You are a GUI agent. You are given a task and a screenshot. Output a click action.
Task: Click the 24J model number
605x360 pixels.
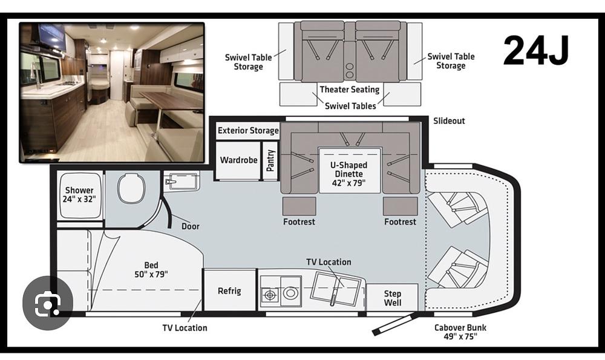click(x=536, y=50)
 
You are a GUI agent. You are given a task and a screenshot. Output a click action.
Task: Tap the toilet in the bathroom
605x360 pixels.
click(x=131, y=188)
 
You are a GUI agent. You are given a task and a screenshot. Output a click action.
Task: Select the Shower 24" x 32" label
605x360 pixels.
click(x=79, y=194)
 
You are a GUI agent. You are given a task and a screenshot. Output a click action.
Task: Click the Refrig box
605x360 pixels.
click(x=229, y=290)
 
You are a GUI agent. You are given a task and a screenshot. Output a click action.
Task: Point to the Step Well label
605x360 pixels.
click(x=393, y=298)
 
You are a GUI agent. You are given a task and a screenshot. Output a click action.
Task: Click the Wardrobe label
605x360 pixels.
click(x=238, y=160)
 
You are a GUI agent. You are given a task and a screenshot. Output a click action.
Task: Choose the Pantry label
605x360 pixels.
click(x=270, y=160)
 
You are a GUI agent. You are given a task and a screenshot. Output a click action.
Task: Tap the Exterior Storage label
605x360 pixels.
click(x=248, y=131)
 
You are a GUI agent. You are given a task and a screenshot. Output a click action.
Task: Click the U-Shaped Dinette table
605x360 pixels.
click(x=350, y=170)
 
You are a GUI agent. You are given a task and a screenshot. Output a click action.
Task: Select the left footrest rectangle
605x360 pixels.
click(x=299, y=206)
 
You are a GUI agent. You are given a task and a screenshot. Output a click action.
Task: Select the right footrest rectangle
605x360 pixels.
click(x=400, y=206)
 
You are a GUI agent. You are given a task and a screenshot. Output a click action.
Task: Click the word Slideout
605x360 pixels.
click(x=449, y=121)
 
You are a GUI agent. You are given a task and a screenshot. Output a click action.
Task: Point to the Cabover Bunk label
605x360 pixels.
click(x=460, y=332)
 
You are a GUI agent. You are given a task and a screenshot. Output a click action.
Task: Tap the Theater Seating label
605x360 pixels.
click(x=350, y=90)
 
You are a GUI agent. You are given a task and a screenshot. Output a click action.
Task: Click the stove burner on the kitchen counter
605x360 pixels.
click(x=270, y=295)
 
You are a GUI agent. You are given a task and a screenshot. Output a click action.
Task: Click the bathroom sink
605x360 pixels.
click(x=180, y=181)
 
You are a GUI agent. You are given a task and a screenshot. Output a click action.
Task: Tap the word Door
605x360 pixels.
click(x=191, y=226)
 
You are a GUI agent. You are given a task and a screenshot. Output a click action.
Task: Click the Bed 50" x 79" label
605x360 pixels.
click(x=151, y=270)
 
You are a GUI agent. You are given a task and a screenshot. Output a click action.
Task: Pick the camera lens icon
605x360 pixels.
click(x=48, y=303)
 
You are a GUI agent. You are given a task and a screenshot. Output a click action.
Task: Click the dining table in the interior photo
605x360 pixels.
click(x=170, y=101)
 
